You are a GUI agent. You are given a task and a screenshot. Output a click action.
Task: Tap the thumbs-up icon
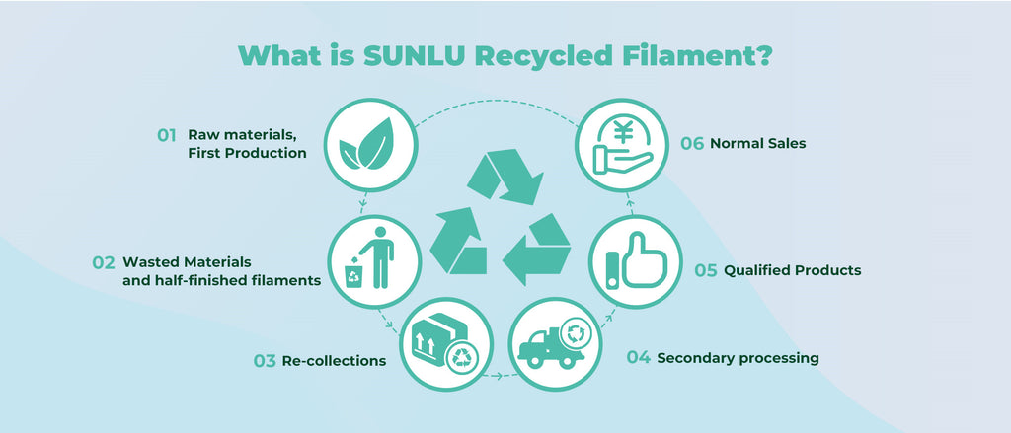[x=631, y=261]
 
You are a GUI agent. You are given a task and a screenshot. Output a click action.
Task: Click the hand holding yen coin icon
[x=617, y=145]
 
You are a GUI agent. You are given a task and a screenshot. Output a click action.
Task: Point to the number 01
[x=166, y=135]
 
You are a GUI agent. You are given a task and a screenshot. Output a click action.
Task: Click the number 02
[x=104, y=263]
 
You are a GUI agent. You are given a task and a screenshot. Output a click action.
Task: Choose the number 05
[x=705, y=270]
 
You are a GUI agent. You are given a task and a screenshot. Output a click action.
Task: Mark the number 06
[x=692, y=143]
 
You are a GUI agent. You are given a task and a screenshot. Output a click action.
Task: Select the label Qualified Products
[x=792, y=270]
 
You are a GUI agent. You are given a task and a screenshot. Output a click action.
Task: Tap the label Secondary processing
[x=738, y=358]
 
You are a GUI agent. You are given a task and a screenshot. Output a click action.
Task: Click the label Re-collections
[x=334, y=361]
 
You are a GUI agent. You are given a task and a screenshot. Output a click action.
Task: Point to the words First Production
[x=247, y=154]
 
